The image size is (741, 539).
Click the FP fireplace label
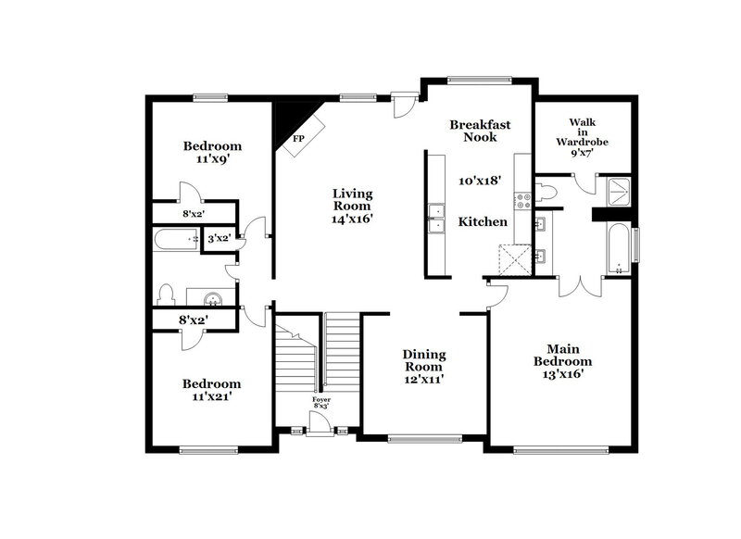point(298,139)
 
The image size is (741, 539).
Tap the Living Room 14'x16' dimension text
point(353,219)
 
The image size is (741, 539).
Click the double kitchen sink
point(433,221)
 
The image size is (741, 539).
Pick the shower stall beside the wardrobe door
point(614,191)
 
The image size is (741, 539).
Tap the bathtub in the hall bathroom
point(176,240)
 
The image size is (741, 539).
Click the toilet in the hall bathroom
point(167,295)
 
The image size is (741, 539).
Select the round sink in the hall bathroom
point(212,298)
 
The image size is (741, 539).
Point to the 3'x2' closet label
point(219,238)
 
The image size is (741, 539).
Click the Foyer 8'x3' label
point(320,404)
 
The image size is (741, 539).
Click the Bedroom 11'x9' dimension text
point(212,159)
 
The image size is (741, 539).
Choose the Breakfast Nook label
point(480,131)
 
